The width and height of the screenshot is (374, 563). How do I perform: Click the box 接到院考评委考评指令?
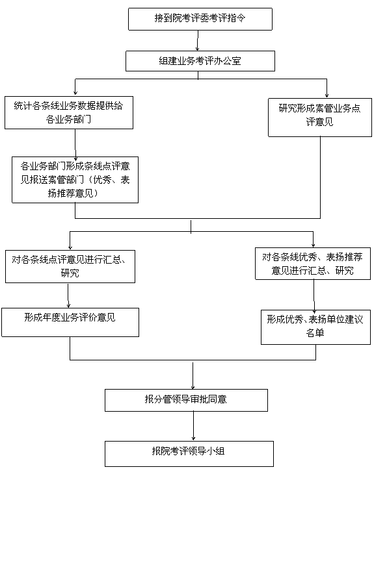[x=200, y=19]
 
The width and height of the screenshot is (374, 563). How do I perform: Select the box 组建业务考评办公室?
[x=200, y=61]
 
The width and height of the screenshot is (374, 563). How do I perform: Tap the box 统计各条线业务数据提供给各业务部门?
[x=69, y=112]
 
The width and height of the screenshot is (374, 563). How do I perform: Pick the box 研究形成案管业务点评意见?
[x=320, y=118]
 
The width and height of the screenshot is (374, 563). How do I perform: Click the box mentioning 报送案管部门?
[x=75, y=180]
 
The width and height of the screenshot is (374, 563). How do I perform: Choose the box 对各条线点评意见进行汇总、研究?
[x=70, y=266]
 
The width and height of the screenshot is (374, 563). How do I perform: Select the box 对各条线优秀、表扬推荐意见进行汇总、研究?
[x=313, y=264]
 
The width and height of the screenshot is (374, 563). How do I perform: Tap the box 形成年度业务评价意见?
[x=70, y=322]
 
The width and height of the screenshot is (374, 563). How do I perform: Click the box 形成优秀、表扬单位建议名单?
[x=315, y=327]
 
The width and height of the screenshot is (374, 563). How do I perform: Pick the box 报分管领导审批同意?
[x=186, y=400]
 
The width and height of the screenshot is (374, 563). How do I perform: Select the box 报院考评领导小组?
[x=189, y=454]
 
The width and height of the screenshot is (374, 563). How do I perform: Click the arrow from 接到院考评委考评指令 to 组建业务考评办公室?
[x=198, y=40]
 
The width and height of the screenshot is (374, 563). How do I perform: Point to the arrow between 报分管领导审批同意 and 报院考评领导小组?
[x=193, y=426]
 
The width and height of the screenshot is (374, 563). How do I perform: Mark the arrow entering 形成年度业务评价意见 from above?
[x=68, y=295]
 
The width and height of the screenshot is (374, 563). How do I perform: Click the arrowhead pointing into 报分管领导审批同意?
[x=193, y=387]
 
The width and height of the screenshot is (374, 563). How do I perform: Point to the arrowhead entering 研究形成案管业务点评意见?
[x=327, y=95]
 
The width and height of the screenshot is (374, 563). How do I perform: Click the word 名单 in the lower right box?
[x=315, y=333]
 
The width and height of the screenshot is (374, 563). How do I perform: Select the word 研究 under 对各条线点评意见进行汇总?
[x=70, y=273]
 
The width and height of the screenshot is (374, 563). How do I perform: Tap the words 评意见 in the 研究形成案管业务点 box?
[x=320, y=122]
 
